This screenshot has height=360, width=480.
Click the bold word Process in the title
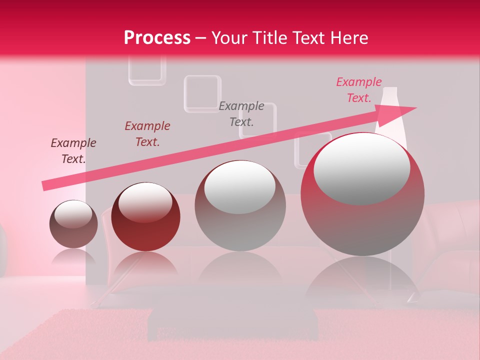click(157, 38)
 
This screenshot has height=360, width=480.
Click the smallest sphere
click(73, 224)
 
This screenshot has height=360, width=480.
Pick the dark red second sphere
click(145, 217)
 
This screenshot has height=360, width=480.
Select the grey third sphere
click(240, 205)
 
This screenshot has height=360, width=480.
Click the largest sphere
click(362, 194)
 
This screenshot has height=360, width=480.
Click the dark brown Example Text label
click(73, 151)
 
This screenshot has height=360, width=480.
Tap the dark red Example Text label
click(147, 134)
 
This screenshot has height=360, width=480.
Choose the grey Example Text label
click(241, 113)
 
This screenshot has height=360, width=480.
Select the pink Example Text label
click(359, 90)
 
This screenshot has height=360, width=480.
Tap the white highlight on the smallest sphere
click(73, 214)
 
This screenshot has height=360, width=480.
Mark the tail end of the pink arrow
click(45, 185)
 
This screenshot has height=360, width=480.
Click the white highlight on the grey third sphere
click(240, 186)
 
